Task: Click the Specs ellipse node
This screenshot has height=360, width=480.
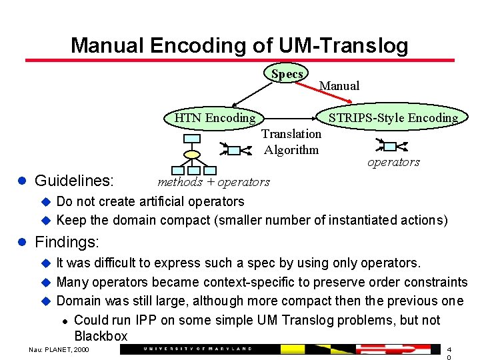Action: (x=287, y=74)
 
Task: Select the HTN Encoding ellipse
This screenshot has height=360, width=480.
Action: (x=215, y=118)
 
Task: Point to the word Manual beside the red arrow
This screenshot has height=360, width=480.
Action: (x=339, y=85)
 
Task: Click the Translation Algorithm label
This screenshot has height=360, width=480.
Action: (x=291, y=141)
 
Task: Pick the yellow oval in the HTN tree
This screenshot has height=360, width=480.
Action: (x=192, y=155)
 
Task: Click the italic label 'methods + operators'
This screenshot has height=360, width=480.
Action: (x=213, y=182)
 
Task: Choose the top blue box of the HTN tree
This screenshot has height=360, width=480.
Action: (x=192, y=139)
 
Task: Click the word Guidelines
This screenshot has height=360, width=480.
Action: (x=74, y=181)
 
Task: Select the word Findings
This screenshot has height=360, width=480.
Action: (x=66, y=241)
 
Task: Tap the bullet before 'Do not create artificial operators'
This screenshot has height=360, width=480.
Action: (x=46, y=201)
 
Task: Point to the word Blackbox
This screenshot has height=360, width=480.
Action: (x=101, y=335)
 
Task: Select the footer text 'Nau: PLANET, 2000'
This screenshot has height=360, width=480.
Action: (x=59, y=349)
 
